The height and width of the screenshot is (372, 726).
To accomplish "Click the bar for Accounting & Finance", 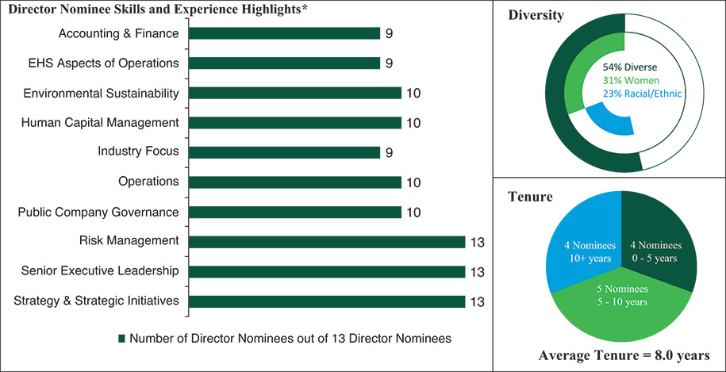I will coord(286,33).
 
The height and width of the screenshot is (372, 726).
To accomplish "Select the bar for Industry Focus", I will coord(286,151).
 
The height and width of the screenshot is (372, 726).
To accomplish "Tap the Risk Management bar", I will coord(328,241).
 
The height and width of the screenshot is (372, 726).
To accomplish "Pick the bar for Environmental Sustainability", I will coord(296,93).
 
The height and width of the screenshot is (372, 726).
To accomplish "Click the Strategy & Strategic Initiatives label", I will coord(97,301).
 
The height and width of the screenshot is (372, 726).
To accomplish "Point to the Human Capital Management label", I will coord(100,122).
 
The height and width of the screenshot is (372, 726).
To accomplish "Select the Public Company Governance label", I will coord(98,212).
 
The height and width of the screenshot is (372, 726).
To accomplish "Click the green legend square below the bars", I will coord(122,338).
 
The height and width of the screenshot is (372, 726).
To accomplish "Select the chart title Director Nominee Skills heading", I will coord(157,9).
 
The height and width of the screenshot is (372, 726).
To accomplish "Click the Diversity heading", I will coord(536,16).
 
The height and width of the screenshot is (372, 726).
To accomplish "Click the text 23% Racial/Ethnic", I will coord(632,94).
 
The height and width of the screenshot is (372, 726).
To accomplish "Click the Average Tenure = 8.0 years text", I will coord(620,355).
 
